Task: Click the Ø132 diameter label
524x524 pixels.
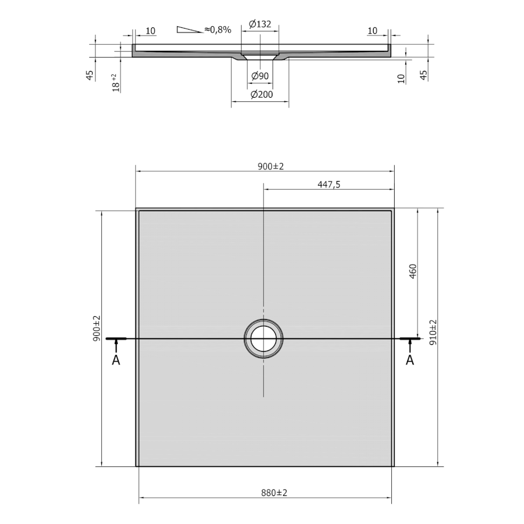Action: tap(260, 24)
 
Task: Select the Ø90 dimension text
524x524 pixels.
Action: tap(260, 76)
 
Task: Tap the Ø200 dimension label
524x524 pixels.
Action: tap(261, 94)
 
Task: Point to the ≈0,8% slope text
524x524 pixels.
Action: tap(218, 30)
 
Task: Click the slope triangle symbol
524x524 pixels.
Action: tap(189, 30)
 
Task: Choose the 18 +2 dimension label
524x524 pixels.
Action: tap(116, 83)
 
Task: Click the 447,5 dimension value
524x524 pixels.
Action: tap(329, 185)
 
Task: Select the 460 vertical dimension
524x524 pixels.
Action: tap(413, 271)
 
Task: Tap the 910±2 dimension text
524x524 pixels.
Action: tap(433, 332)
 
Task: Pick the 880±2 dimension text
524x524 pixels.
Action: tap(274, 493)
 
